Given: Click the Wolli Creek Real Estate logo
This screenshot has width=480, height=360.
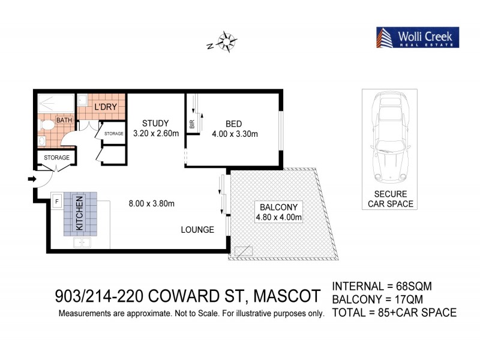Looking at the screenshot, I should pyautogui.click(x=417, y=37).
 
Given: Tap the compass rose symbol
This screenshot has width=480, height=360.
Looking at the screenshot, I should pyautogui.click(x=226, y=41).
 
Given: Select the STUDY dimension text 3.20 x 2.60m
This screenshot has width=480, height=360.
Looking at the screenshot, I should pyautogui.click(x=156, y=134).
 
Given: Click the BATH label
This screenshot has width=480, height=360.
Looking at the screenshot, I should pyautogui.click(x=64, y=120).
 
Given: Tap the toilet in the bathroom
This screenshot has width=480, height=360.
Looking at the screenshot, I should pyautogui.click(x=45, y=123).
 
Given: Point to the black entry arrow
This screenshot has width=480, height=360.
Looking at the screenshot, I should pyautogui.click(x=32, y=178).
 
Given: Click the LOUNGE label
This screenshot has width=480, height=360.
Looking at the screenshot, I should pyautogui.click(x=198, y=229).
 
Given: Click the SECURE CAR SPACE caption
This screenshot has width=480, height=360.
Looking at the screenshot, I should pyautogui.click(x=390, y=199).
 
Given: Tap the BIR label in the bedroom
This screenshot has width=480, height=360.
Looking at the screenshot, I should pyautogui.click(x=191, y=125).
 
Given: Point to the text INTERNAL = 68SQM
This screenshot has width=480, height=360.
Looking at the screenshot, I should pyautogui.click(x=382, y=286).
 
